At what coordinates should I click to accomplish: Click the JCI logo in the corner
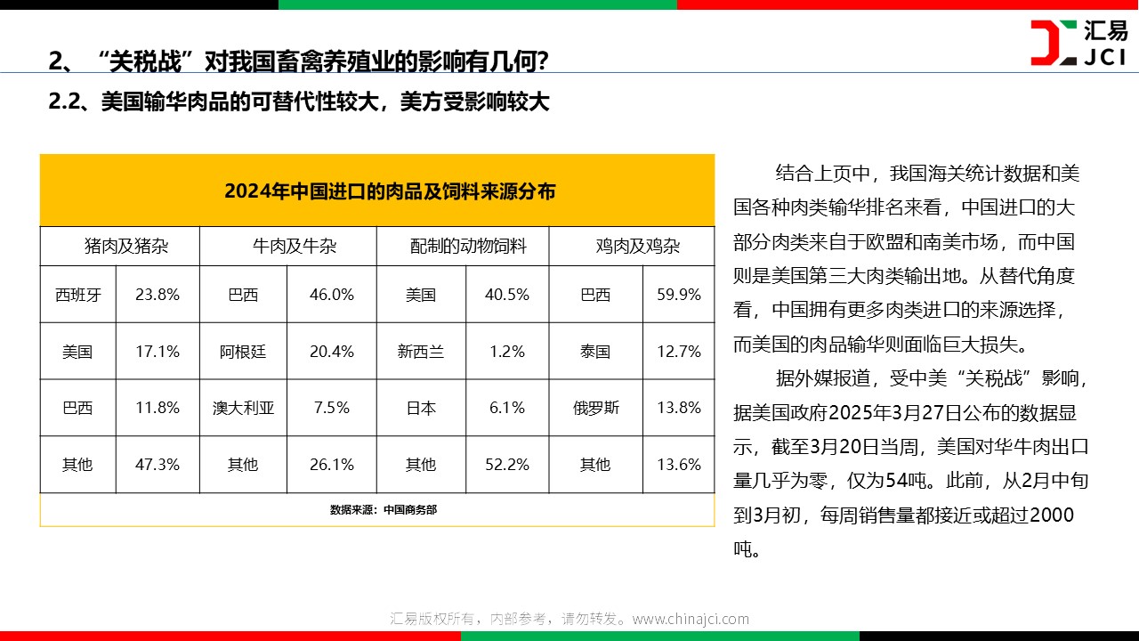click(x=1078, y=43)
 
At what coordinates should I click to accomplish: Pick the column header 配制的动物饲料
click(x=468, y=247)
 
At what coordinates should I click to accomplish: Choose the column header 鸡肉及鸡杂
click(x=637, y=247)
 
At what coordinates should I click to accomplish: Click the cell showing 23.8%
click(x=158, y=295)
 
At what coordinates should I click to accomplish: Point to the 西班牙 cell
click(x=77, y=295)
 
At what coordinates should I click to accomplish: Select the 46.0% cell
click(x=332, y=295)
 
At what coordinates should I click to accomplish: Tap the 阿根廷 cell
click(x=243, y=352)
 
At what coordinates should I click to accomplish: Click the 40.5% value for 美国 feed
click(x=507, y=295)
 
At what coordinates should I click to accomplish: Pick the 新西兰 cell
click(x=421, y=352)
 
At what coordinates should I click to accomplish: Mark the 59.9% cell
click(x=679, y=295)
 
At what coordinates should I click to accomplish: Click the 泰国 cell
click(x=595, y=352)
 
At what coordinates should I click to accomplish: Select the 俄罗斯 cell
click(x=595, y=409)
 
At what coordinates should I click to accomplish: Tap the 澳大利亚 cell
click(x=243, y=409)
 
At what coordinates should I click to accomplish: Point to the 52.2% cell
click(x=507, y=465)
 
